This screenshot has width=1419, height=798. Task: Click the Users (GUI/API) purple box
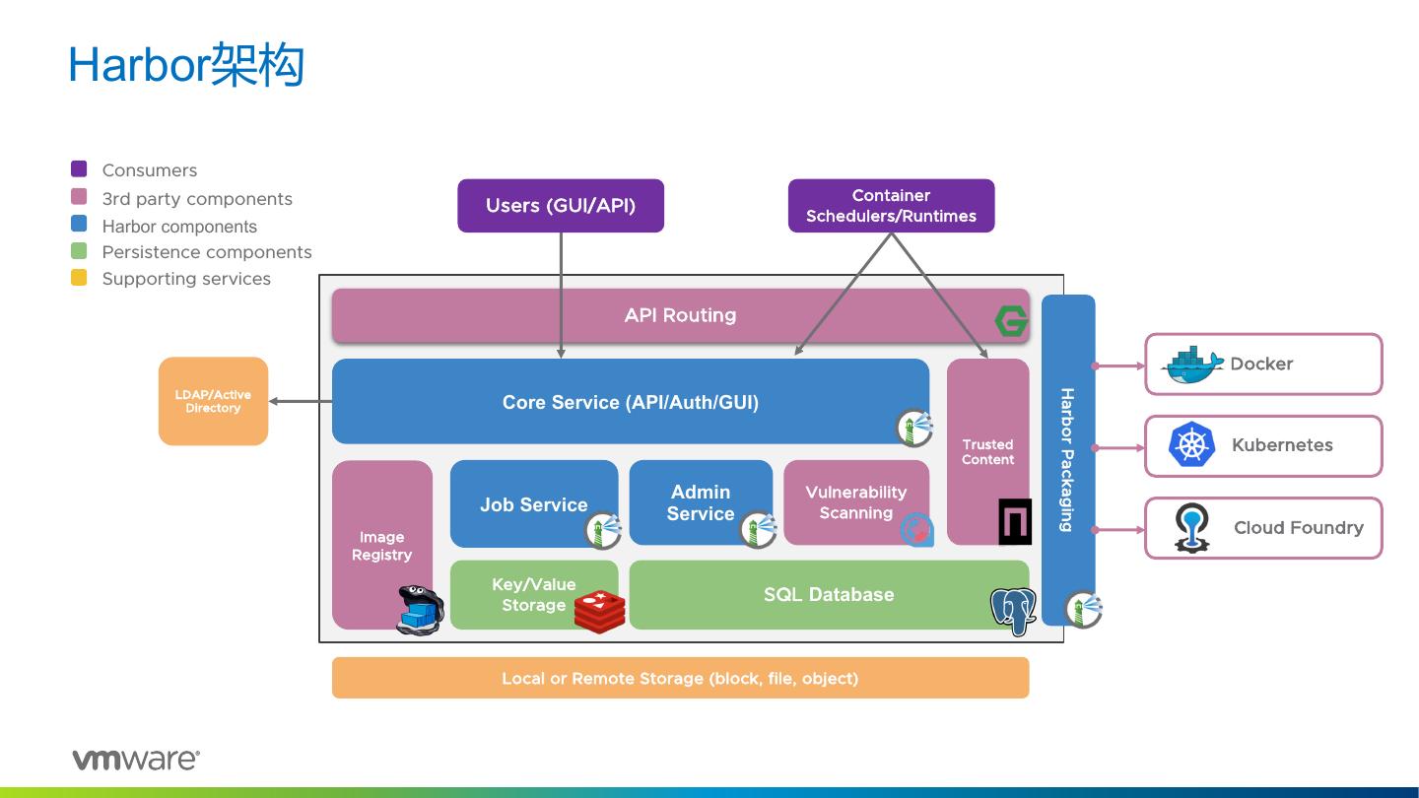click(560, 206)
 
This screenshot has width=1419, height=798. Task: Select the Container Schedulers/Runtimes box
click(891, 206)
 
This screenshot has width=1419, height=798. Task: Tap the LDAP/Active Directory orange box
click(213, 401)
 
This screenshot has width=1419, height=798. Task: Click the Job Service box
click(533, 503)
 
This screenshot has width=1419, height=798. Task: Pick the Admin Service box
click(701, 501)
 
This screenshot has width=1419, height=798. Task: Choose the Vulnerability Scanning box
click(855, 501)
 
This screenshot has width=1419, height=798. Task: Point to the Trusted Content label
click(987, 452)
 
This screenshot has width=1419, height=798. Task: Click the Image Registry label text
click(381, 546)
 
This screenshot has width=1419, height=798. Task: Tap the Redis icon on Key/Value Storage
click(599, 611)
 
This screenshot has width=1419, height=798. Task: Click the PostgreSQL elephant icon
click(1013, 611)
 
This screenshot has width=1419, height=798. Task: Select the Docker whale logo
click(1192, 365)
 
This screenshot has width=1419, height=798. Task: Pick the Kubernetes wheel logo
click(1191, 445)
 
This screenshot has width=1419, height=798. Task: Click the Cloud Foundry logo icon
click(1191, 528)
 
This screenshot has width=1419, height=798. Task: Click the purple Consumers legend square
click(79, 169)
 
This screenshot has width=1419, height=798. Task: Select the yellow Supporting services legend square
click(79, 278)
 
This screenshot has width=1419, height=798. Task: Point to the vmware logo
click(135, 759)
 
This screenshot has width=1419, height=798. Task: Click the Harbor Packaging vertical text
click(1066, 459)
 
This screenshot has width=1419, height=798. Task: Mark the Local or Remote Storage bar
click(680, 678)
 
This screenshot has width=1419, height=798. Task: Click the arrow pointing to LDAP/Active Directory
click(300, 401)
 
